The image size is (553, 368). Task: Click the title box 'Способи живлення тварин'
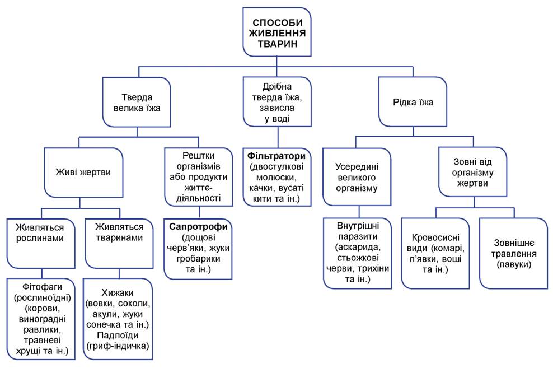click(x=278, y=32)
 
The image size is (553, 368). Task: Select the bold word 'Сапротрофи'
click(x=199, y=227)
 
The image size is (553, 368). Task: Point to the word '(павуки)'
click(x=513, y=264)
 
